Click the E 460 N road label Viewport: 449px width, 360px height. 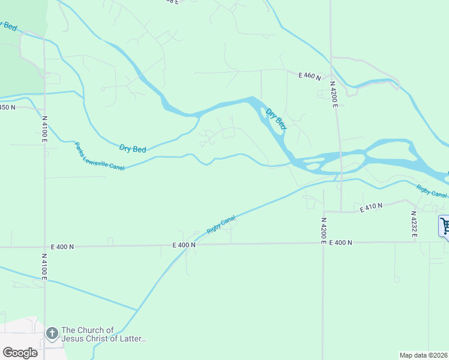(310, 76)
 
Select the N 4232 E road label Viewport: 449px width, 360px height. (414, 223)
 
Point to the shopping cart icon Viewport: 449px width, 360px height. (445, 226)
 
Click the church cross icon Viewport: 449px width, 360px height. (52, 332)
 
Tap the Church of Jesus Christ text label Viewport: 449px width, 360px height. (104, 335)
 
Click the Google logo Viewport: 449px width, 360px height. (20, 352)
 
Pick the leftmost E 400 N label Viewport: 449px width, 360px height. (62, 247)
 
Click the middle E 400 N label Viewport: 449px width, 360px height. (184, 245)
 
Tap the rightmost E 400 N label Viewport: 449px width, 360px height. (340, 243)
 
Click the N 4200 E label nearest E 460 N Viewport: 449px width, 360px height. (335, 96)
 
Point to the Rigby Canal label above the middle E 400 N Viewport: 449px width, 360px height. (221, 226)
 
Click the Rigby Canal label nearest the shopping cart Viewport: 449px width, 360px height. (432, 190)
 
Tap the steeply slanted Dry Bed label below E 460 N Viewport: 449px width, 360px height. (276, 119)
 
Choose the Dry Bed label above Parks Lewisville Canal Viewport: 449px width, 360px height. (133, 148)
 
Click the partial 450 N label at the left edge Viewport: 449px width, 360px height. (8, 107)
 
